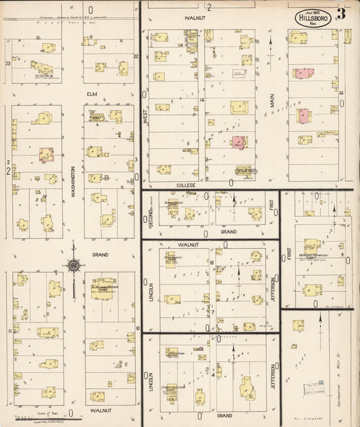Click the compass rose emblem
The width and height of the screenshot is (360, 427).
72,265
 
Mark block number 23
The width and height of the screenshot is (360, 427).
8,63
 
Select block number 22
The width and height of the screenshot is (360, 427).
136,57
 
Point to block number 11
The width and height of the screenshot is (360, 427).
9,330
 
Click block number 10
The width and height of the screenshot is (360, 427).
137,328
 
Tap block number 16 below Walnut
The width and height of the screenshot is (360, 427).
211,262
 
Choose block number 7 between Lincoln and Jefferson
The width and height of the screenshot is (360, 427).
214,311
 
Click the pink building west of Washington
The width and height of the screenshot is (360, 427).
46,155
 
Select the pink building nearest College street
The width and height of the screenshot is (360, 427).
238,142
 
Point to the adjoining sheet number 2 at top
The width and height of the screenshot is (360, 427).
209,7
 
